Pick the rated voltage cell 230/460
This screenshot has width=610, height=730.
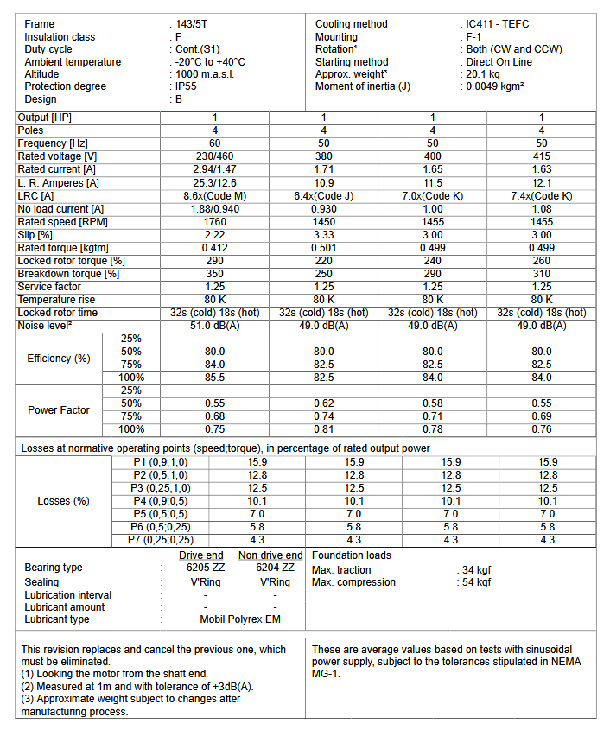[215, 156]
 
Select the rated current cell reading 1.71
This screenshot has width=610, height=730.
[324, 169]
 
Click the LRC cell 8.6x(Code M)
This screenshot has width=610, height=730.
[215, 195]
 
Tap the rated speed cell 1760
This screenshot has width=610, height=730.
[215, 221]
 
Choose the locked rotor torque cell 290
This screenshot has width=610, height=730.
[215, 260]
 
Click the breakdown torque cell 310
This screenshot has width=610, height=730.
[542, 273]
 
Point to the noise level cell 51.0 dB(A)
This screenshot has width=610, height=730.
[215, 325]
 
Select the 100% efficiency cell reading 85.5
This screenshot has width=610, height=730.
[215, 378]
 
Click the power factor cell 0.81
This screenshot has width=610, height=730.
[324, 429]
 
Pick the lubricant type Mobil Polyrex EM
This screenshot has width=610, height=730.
[240, 619]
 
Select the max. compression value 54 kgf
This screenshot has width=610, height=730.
[476, 582]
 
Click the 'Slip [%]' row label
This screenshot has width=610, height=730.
[36, 234]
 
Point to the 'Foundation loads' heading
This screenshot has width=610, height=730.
[351, 555]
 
